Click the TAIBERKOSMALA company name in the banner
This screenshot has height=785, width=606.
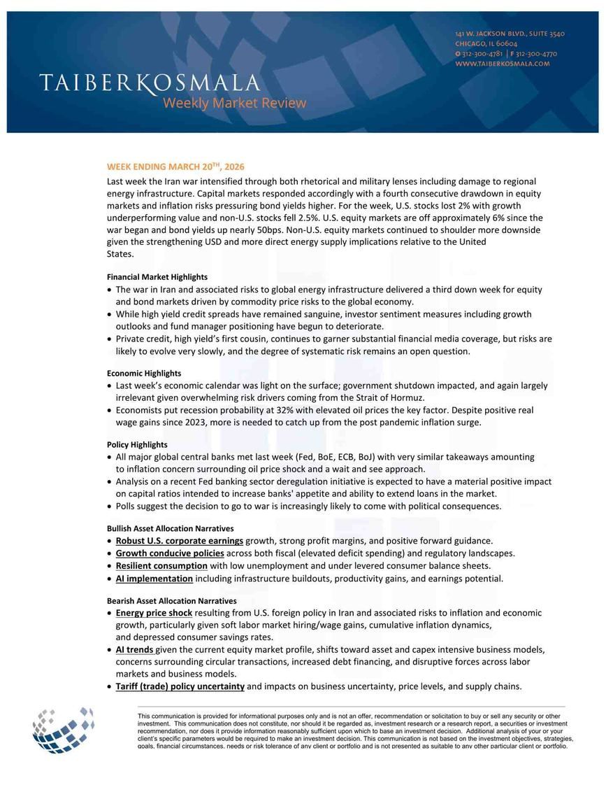coord(149,83)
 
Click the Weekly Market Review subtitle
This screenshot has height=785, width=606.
coord(234,104)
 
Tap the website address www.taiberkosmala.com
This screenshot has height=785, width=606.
coord(502,64)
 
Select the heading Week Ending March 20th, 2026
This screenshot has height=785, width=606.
coord(175,167)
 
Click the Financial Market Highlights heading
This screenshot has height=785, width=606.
coord(157,277)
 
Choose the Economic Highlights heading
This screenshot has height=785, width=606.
coord(143,374)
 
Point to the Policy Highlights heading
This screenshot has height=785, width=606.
coord(137,445)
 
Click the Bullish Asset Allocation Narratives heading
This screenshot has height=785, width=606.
coord(170,529)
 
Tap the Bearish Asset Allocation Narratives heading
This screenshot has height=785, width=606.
coord(171,601)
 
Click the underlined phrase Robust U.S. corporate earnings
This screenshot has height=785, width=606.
coord(180,541)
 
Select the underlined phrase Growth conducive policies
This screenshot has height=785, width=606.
coord(170,553)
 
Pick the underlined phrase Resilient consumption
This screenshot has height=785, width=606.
coord(161,566)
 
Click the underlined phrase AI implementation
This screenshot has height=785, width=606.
coord(154,579)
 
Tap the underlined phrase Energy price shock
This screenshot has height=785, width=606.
coord(154,613)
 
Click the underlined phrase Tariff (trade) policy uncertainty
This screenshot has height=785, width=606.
coord(180,686)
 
